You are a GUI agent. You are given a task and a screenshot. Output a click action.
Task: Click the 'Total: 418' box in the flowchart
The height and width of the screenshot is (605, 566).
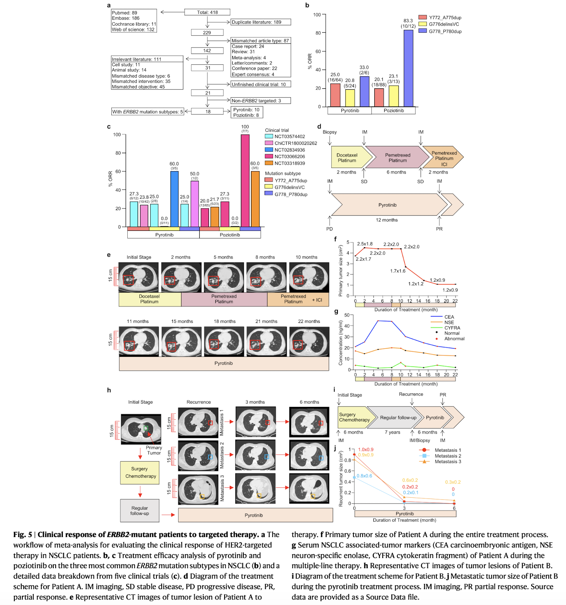[x=207, y=12]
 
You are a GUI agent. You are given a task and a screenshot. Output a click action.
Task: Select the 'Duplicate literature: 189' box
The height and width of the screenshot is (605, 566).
[x=261, y=22]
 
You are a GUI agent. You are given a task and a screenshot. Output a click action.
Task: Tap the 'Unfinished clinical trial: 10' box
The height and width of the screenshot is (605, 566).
[x=261, y=84]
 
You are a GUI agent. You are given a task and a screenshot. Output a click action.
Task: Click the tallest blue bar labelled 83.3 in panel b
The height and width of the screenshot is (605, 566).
[x=408, y=68]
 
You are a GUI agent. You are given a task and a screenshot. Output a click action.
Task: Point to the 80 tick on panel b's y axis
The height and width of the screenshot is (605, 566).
[x=318, y=33]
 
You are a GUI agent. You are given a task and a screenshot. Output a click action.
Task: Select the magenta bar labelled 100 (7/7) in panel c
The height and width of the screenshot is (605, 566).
[x=245, y=180]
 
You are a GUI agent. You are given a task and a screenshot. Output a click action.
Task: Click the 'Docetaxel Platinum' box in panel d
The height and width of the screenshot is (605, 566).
[x=347, y=158]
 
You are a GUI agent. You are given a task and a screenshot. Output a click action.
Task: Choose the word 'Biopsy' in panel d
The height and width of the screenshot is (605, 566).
[x=330, y=132]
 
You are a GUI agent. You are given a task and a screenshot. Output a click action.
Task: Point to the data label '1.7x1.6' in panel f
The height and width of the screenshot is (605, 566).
[x=398, y=271]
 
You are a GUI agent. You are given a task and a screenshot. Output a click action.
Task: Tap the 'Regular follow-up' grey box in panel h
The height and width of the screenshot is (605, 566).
[x=140, y=511]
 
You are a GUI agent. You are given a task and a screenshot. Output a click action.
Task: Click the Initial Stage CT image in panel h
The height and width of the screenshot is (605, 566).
[x=141, y=429]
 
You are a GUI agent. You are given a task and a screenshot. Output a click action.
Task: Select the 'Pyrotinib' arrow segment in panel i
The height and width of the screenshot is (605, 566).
[x=434, y=418]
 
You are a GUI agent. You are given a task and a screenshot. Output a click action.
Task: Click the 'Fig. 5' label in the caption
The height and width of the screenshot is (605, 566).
[x=22, y=535]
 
